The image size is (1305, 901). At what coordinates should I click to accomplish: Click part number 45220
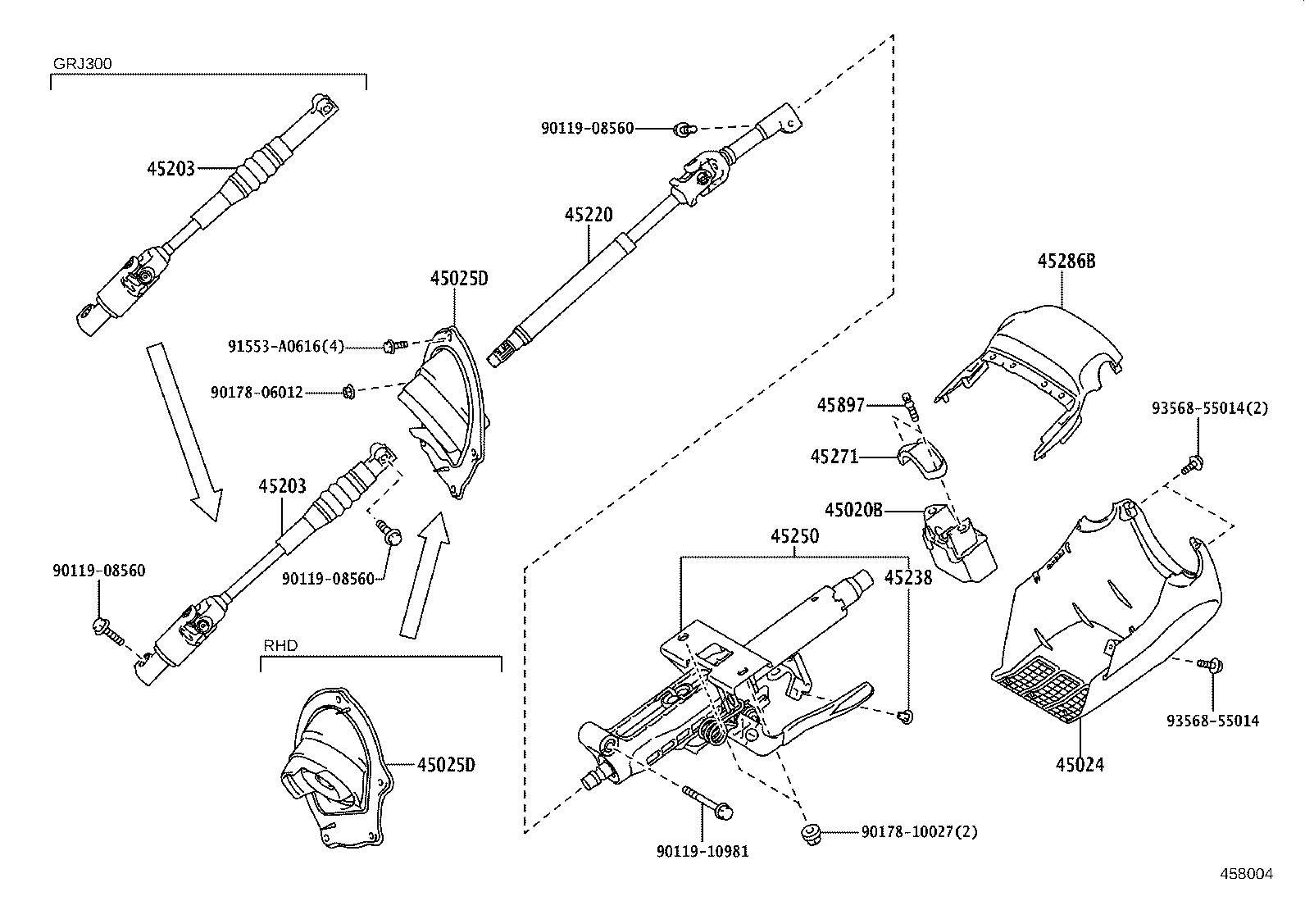click(588, 216)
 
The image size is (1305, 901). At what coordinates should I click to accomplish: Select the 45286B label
click(1066, 261)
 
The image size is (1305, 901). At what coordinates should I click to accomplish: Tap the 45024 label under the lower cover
click(1080, 765)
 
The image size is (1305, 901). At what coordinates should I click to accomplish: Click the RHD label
click(280, 645)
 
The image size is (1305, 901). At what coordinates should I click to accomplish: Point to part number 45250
click(794, 537)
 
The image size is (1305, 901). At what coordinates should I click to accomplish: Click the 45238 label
click(908, 578)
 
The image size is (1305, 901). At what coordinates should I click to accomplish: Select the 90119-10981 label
click(703, 851)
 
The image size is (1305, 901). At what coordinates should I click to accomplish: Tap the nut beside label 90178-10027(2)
click(810, 835)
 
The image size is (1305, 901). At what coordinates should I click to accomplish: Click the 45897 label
click(841, 404)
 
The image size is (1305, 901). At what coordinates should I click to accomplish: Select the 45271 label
click(834, 457)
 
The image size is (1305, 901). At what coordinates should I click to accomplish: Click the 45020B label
click(853, 510)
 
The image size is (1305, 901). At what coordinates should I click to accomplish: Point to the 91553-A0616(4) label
click(285, 347)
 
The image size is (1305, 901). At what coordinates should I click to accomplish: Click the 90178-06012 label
click(257, 393)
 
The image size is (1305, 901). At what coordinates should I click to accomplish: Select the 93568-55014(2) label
click(1209, 407)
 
